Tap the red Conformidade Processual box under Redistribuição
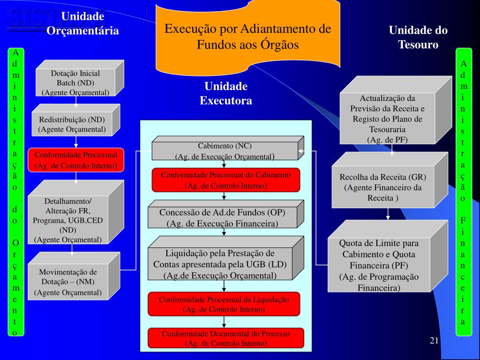point(75,160)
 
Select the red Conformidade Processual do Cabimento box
point(225,180)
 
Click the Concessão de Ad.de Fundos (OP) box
point(222,217)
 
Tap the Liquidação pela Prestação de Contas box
point(220,264)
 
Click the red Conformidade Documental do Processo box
point(225,338)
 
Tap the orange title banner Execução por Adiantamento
point(248,37)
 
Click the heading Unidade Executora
point(225,93)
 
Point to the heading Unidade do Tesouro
point(418,37)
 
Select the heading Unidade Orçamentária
point(82,24)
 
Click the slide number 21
point(434,340)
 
